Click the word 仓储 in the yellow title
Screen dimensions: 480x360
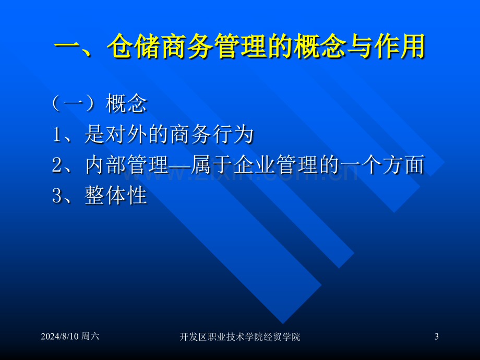tap(134, 46)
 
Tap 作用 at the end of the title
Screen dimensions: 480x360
tap(398, 46)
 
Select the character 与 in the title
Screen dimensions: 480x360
tap(358, 46)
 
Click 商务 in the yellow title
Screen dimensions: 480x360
tap(187, 46)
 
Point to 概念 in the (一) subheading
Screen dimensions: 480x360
tap(126, 103)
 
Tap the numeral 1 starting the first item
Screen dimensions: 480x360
tap(57, 135)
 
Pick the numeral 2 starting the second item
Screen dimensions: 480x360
tap(57, 165)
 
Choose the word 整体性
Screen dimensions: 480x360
tap(116, 195)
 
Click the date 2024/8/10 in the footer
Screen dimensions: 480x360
tap(59, 337)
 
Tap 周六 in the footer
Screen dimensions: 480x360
tap(90, 337)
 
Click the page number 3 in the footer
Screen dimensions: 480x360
tap(437, 337)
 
